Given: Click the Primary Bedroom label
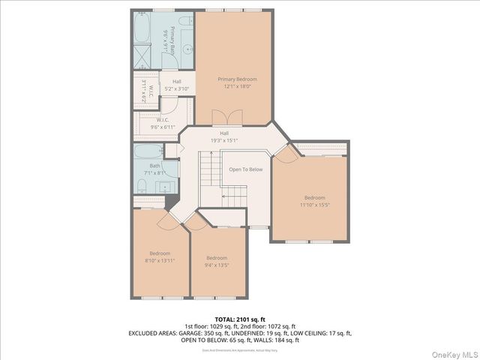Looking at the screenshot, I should pos(237,79).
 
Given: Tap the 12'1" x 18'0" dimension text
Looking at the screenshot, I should pos(237,86).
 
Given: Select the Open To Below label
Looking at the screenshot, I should pos(245,169).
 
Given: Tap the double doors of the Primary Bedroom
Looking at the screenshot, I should pos(219,118).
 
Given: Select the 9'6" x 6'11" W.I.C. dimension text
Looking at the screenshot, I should pos(163,127).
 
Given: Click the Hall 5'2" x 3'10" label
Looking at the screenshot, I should pos(176,85).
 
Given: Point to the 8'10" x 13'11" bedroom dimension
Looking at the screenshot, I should pos(160,260).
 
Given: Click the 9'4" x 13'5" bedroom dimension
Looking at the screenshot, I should pos(217,265).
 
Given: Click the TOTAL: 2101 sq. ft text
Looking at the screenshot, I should pos(240,319).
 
